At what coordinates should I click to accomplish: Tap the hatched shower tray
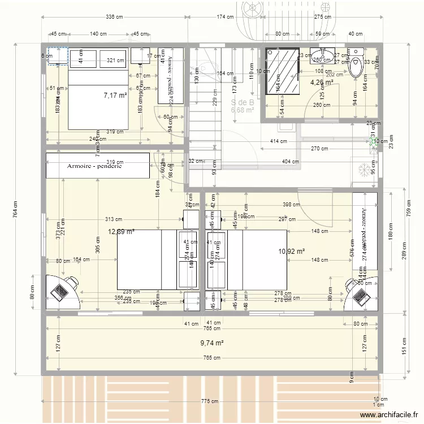click(x=283, y=72)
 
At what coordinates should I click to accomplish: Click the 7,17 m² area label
click(x=115, y=96)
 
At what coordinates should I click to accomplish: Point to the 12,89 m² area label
click(x=121, y=231)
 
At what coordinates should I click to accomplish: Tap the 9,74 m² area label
click(x=212, y=343)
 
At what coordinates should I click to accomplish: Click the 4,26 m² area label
click(x=321, y=83)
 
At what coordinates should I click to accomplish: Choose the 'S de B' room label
click(x=242, y=102)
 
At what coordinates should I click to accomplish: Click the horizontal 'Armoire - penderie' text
click(x=94, y=166)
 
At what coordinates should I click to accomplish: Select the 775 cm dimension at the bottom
click(x=210, y=402)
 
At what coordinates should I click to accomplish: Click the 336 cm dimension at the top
click(x=115, y=18)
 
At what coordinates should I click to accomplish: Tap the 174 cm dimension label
click(x=225, y=18)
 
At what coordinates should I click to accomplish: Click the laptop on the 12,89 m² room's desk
click(x=59, y=291)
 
